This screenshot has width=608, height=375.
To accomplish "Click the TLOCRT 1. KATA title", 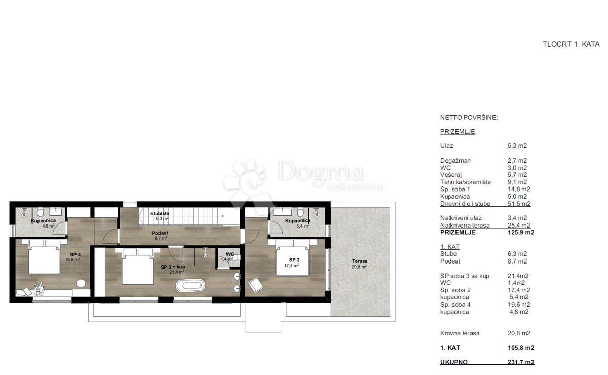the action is click(x=571, y=44).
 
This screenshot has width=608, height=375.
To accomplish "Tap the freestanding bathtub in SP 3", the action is click(x=191, y=286).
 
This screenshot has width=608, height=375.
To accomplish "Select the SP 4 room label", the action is click(x=75, y=255).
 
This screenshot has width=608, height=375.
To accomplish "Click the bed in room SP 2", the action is click(x=292, y=258).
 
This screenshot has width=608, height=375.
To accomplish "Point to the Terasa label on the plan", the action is click(x=360, y=261).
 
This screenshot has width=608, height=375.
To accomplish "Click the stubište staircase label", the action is click(x=160, y=214).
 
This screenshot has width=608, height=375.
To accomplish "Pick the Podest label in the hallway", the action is click(x=160, y=233).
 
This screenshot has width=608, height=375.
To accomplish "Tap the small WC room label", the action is click(x=230, y=254).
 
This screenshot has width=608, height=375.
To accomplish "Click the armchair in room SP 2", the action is click(x=255, y=285).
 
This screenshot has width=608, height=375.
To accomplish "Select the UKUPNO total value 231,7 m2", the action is click(x=521, y=362).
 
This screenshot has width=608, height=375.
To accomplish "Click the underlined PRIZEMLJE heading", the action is click(x=458, y=132).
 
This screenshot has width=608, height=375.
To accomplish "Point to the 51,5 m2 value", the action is click(x=519, y=204).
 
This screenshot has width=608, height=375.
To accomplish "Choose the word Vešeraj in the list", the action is click(x=451, y=175).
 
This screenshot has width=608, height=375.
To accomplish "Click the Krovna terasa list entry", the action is click(x=460, y=333).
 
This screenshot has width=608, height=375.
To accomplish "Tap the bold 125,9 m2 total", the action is click(x=521, y=233).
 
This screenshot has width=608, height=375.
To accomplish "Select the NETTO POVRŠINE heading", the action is click(x=469, y=117).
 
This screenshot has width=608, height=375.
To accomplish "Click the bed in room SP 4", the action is click(x=44, y=256).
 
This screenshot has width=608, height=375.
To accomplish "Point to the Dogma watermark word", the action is click(x=320, y=171).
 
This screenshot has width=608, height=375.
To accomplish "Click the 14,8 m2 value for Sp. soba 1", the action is click(x=519, y=189).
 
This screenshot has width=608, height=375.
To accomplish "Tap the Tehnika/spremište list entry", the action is click(x=466, y=182).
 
